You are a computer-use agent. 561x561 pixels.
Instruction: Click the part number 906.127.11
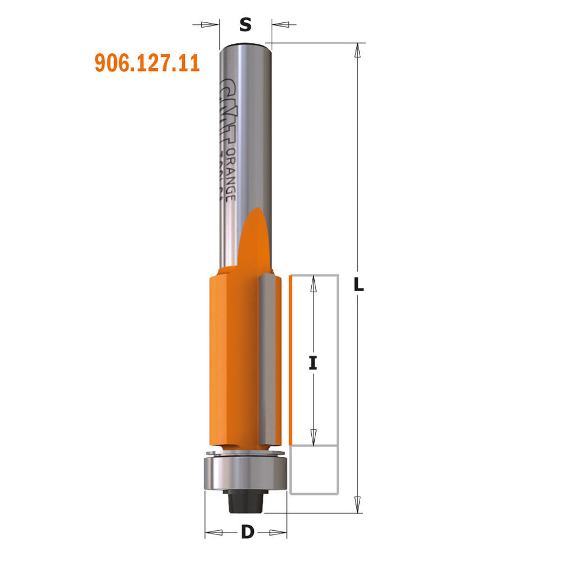pos(147,63)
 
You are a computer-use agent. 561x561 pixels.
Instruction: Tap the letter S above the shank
pos(246,25)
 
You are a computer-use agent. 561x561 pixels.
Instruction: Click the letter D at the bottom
pos(247,532)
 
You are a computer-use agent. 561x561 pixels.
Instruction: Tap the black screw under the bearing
pos(244,501)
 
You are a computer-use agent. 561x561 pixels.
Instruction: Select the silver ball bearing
pos(244,472)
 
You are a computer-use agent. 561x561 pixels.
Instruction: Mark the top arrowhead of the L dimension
pos(357,50)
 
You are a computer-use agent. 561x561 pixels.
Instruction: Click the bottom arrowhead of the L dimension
pos(357,505)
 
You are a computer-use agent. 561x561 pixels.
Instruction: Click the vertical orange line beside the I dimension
pos(291,361)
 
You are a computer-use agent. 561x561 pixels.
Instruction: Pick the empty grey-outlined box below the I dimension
pos(315,469)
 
